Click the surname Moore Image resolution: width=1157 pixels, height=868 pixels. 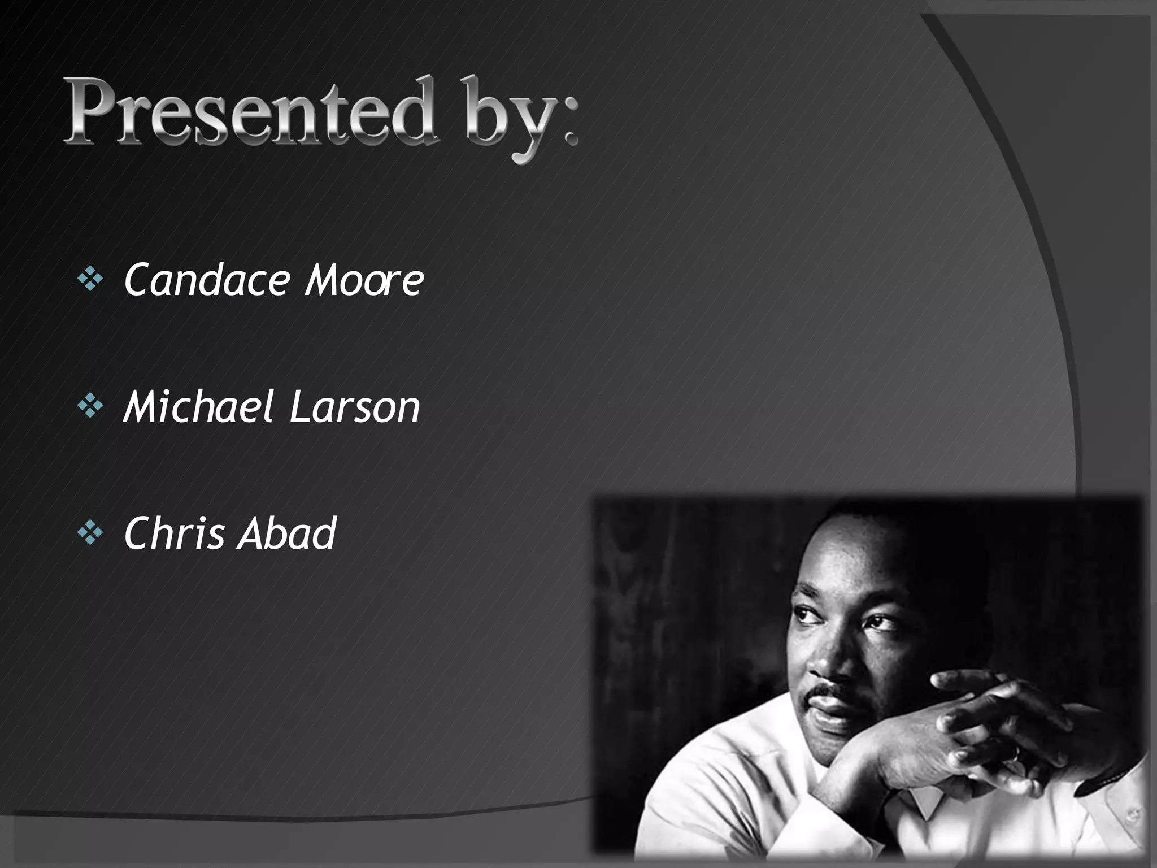pyautogui.click(x=364, y=281)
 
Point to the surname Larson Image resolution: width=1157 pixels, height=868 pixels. pyautogui.click(x=355, y=408)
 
